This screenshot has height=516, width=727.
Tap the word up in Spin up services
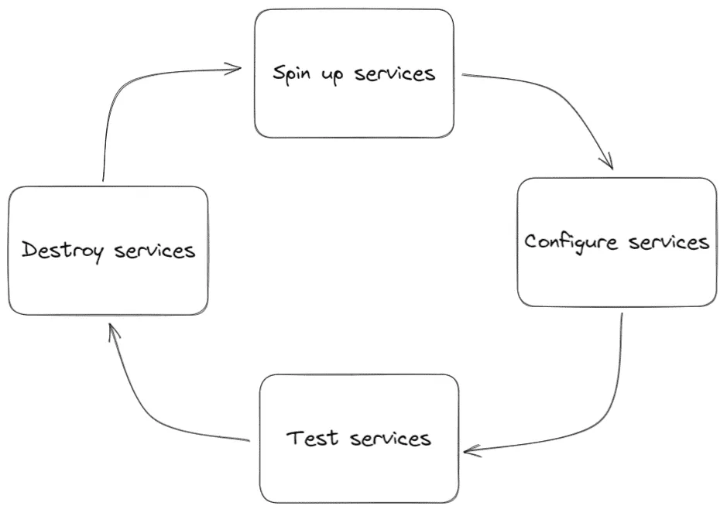point(331,76)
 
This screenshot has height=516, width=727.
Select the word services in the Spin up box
point(395,73)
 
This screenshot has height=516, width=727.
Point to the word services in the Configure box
point(669,242)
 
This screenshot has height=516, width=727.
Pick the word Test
point(313,438)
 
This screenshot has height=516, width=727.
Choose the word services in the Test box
point(390,439)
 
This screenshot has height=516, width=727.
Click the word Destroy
point(62,251)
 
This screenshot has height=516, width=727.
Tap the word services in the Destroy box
point(155,251)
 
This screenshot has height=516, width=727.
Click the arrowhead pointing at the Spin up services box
point(236,70)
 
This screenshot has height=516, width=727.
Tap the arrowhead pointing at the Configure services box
point(609,162)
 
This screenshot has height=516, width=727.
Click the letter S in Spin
point(279,73)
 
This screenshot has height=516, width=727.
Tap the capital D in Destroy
point(29,251)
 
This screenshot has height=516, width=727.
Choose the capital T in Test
point(295,438)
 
